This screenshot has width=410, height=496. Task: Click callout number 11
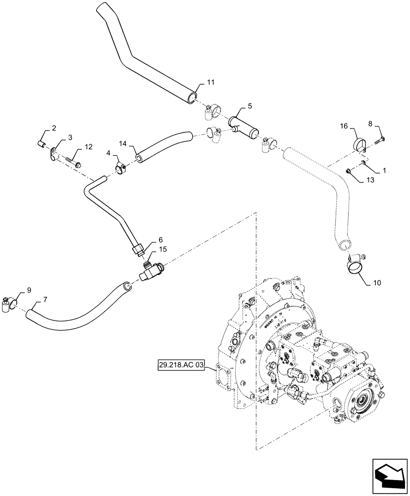[211, 82]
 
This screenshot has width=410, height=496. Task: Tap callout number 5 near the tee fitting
[250, 106]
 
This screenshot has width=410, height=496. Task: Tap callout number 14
[124, 143]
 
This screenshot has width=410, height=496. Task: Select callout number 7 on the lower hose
[45, 300]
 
